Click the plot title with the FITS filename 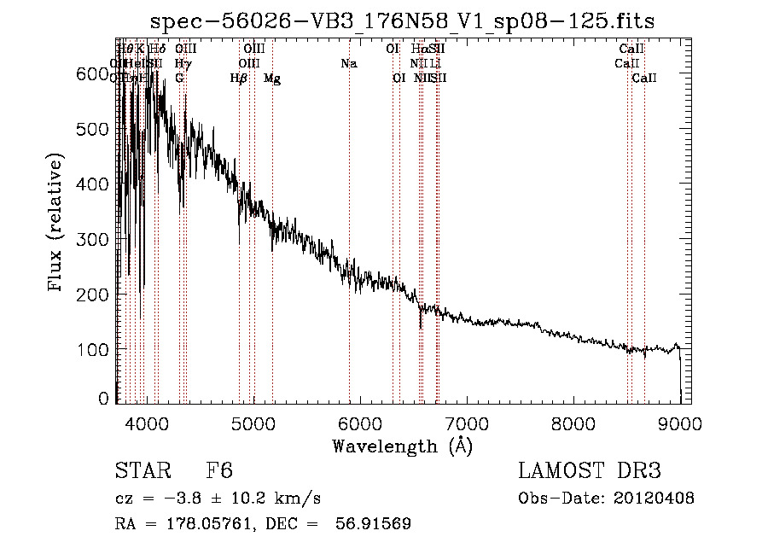pos(402,21)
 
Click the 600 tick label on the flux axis pos(93,74)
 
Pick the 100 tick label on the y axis pos(93,350)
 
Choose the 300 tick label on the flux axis pos(93,240)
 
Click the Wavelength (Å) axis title pos(402,446)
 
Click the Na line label pos(348,63)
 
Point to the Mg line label pos(272,79)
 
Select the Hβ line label pos(239,79)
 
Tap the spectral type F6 pos(219,471)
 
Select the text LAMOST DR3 pos(589,471)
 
